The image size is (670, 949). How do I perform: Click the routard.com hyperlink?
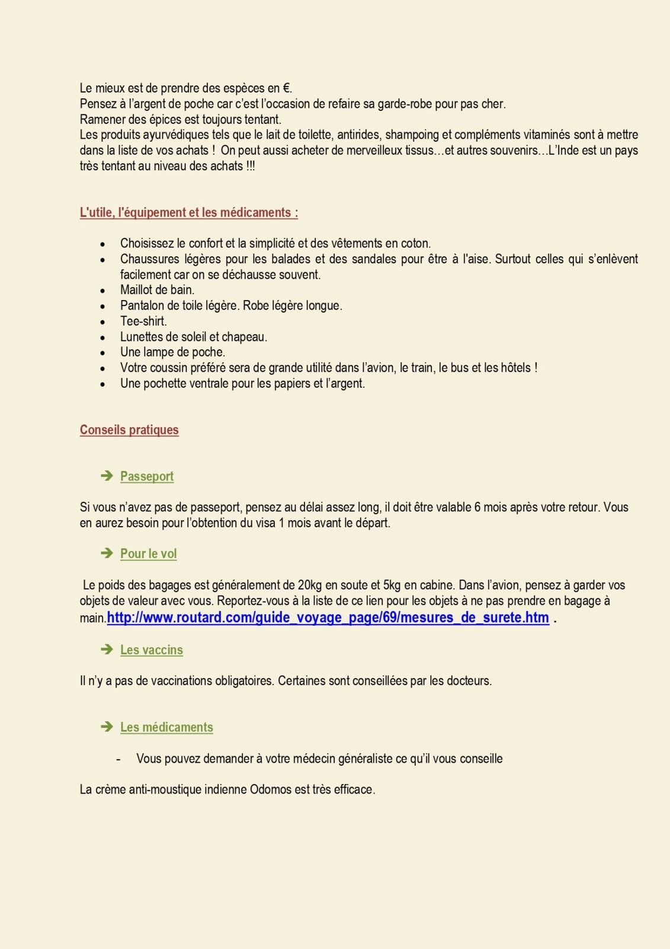(328, 617)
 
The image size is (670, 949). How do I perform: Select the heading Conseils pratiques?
(129, 429)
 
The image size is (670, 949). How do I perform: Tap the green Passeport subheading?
(147, 476)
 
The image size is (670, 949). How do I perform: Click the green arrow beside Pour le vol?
(107, 553)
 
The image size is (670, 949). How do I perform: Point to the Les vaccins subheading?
(152, 650)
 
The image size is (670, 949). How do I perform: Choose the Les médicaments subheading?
(166, 727)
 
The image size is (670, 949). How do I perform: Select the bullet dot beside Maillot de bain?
(103, 291)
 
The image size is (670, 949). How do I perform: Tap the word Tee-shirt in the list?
(143, 321)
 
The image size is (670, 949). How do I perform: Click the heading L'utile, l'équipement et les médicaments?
(188, 212)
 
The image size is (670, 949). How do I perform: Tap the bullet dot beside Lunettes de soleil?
(103, 337)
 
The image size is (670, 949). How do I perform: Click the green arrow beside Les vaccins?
(107, 649)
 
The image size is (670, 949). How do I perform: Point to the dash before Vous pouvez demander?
(118, 759)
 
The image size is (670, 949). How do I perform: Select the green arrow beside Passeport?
(107, 476)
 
